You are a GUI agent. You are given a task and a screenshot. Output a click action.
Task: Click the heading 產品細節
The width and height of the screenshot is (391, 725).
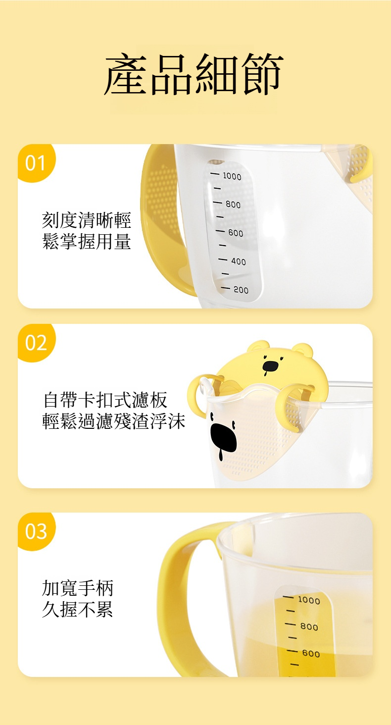(194, 74)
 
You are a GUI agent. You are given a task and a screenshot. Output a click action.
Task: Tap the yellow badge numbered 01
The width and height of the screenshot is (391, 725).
(36, 162)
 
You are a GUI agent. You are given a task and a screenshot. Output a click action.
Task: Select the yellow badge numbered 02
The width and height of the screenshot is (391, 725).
(36, 342)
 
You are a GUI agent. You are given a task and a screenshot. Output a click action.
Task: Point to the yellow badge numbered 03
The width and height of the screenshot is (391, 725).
(36, 531)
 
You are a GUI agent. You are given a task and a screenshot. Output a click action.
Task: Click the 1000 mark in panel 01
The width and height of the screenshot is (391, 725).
(232, 176)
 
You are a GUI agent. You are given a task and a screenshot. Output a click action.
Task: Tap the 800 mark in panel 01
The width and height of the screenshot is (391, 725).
(233, 205)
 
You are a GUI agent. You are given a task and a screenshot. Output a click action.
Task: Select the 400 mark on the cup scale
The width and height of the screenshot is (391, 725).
(239, 261)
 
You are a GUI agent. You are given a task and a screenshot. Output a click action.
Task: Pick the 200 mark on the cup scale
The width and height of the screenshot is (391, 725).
(241, 290)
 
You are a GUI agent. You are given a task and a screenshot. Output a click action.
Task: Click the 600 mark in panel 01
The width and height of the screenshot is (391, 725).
(236, 233)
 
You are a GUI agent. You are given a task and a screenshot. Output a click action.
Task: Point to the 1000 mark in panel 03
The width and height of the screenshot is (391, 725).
(309, 600)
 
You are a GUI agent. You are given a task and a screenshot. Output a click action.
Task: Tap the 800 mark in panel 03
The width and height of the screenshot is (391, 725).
(309, 627)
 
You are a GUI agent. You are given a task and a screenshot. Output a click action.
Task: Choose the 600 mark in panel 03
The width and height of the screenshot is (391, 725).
(311, 654)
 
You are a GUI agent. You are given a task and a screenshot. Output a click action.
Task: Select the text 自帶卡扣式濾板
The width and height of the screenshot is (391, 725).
(105, 400)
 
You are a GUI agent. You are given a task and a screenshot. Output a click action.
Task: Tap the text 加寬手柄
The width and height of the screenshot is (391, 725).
(78, 588)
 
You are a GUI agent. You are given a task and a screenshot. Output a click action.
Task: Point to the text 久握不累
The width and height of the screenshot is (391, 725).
(78, 610)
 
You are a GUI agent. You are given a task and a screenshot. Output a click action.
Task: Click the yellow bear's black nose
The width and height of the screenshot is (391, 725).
(270, 366)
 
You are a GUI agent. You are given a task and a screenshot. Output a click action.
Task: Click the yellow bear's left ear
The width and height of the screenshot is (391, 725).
(258, 346)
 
